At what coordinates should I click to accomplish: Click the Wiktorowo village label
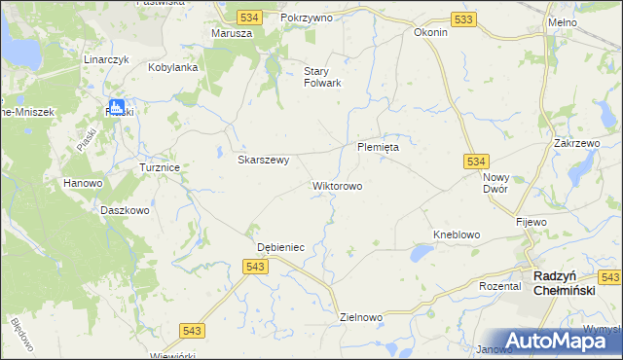(x=337, y=185)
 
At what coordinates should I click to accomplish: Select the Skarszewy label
(x=264, y=161)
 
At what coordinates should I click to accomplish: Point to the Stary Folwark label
(x=322, y=77)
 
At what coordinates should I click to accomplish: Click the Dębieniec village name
(x=280, y=247)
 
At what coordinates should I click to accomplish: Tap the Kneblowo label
(x=457, y=235)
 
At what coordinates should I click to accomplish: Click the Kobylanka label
(x=173, y=68)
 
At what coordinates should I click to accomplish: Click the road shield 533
(x=464, y=19)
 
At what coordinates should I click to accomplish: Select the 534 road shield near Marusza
(x=249, y=18)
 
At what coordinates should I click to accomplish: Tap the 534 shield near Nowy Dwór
(x=475, y=161)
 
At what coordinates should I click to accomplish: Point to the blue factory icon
(x=117, y=108)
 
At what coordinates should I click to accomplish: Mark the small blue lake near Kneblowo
(x=421, y=254)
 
